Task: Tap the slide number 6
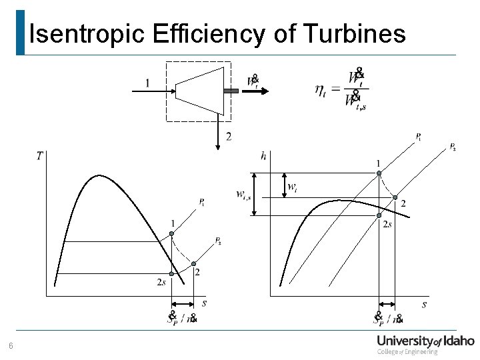click(10, 346)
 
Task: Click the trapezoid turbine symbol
click(198, 91)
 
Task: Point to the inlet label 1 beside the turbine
click(147, 83)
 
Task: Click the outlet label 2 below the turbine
click(229, 137)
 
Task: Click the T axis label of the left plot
click(40, 156)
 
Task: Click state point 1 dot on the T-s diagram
click(171, 233)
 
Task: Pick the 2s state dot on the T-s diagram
click(171, 273)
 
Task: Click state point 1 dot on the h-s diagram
click(379, 173)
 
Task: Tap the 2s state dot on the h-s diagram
click(379, 215)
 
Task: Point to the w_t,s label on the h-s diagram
click(245, 195)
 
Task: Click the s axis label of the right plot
click(424, 305)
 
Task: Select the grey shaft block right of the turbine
click(231, 91)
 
